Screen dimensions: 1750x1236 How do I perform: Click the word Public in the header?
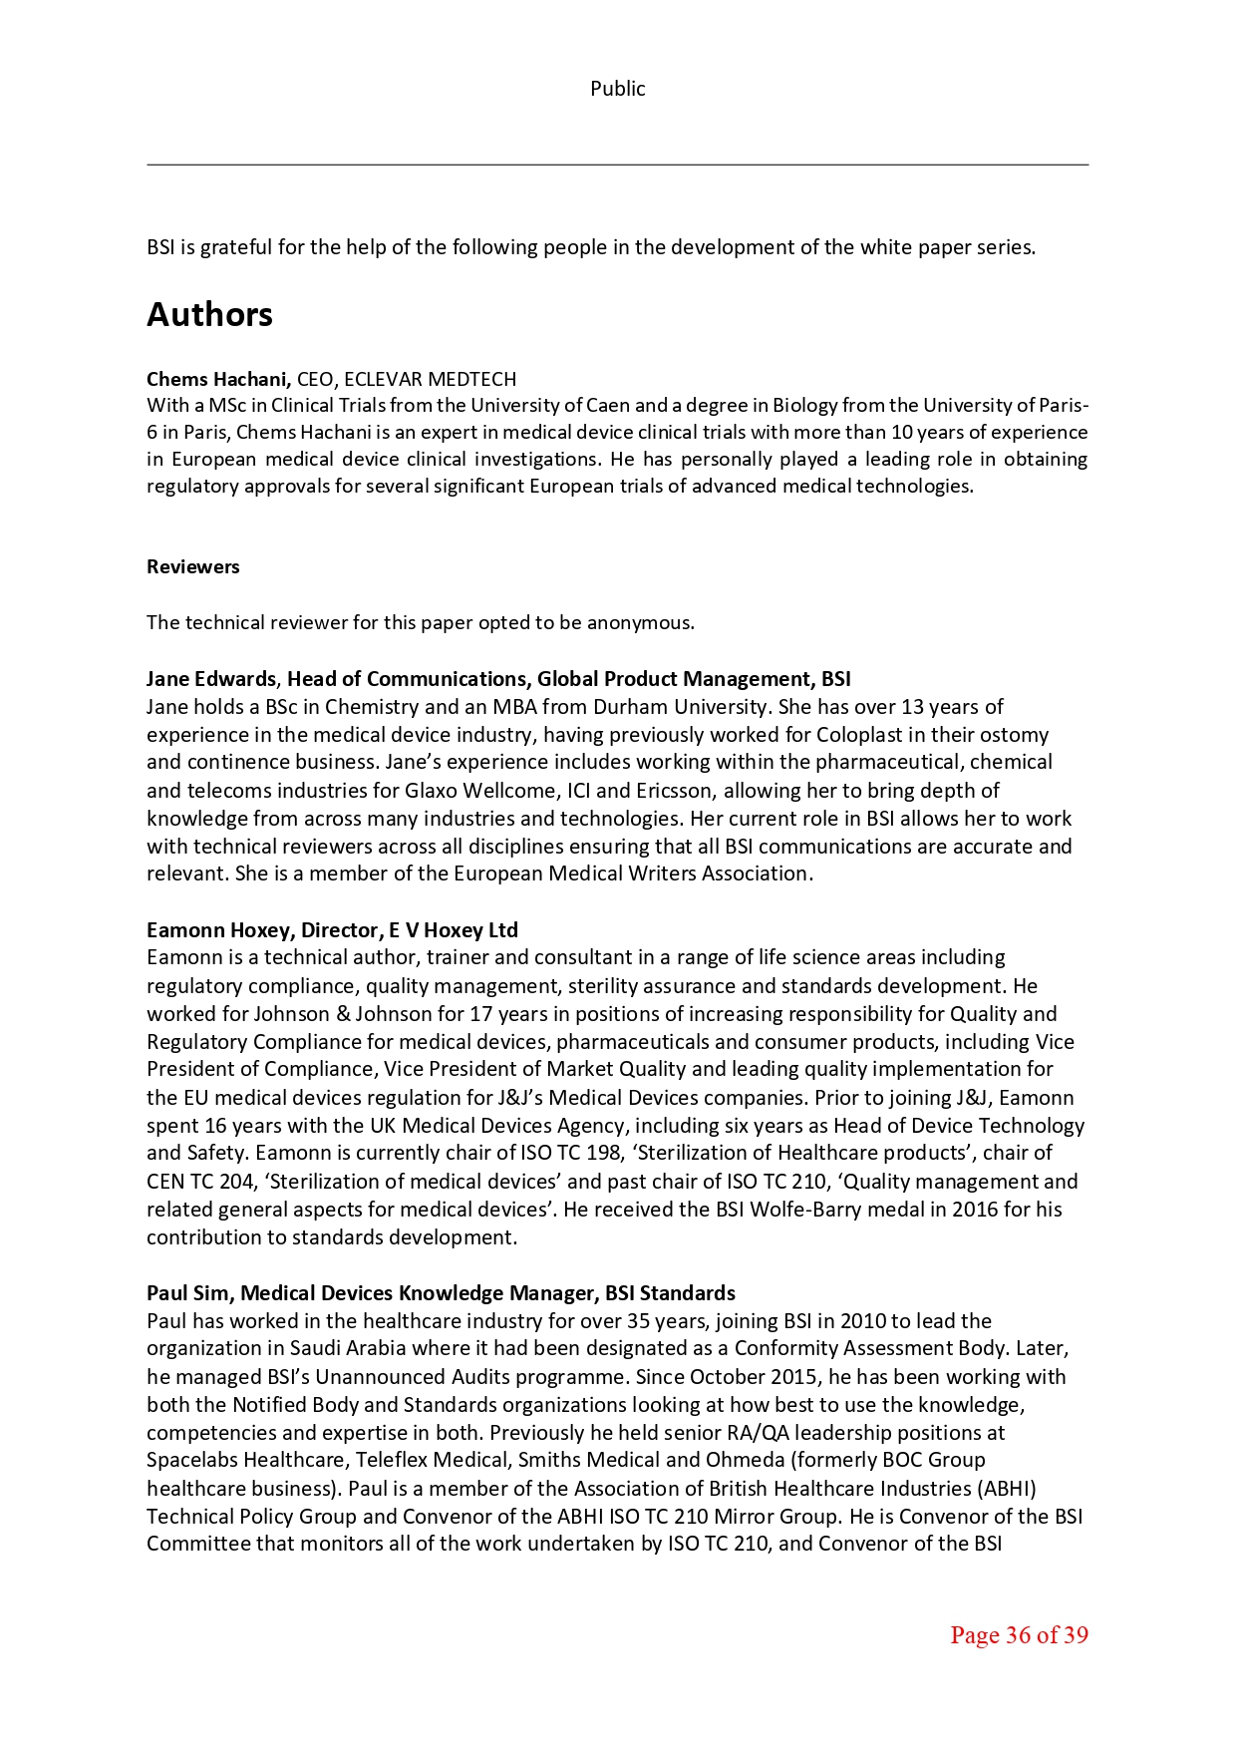pyautogui.click(x=617, y=89)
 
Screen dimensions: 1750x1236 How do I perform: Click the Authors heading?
pyautogui.click(x=209, y=314)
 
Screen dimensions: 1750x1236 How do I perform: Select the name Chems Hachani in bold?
pyautogui.click(x=217, y=379)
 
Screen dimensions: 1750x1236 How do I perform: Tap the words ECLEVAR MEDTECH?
pyautogui.click(x=430, y=379)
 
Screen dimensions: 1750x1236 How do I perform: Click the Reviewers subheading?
pyautogui.click(x=192, y=566)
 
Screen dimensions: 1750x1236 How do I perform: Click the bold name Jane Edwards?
pyautogui.click(x=210, y=679)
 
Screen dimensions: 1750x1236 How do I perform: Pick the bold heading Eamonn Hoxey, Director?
pyautogui.click(x=263, y=930)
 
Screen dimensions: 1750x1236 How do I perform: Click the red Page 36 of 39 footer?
pyautogui.click(x=1018, y=1635)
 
